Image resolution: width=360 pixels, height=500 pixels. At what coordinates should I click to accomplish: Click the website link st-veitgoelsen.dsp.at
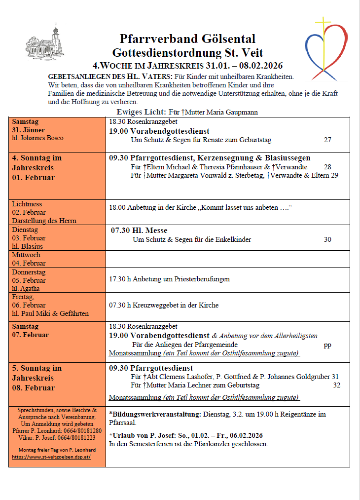(58, 457)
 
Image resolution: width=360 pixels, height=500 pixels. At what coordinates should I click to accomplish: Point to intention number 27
(327, 140)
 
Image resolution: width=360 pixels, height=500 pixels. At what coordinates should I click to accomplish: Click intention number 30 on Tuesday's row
(327, 239)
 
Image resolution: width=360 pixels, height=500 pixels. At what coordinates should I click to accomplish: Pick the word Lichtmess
(27, 204)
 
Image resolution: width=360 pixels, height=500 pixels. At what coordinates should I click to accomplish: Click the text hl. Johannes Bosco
(37, 138)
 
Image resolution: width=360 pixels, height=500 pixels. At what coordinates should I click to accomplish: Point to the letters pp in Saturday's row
(327, 345)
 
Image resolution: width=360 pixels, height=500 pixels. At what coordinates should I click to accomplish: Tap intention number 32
(336, 385)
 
